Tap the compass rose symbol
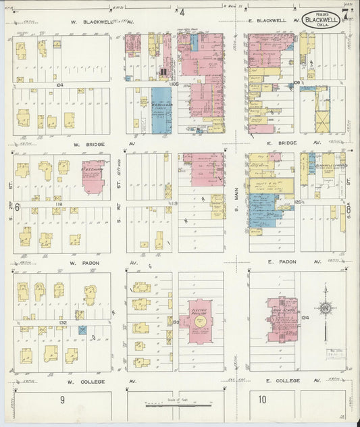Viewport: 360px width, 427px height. pyautogui.click(x=326, y=309)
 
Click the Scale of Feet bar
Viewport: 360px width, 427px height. pyautogui.click(x=179, y=405)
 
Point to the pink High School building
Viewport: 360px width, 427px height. pyautogui.click(x=284, y=318)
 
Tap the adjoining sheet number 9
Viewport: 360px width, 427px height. pyautogui.click(x=62, y=399)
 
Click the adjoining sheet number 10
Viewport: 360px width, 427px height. pyautogui.click(x=262, y=399)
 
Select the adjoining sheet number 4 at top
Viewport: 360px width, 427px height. pyautogui.click(x=182, y=11)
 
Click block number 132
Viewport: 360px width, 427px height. pyautogui.click(x=62, y=323)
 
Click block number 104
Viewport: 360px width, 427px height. pyautogui.click(x=60, y=85)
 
